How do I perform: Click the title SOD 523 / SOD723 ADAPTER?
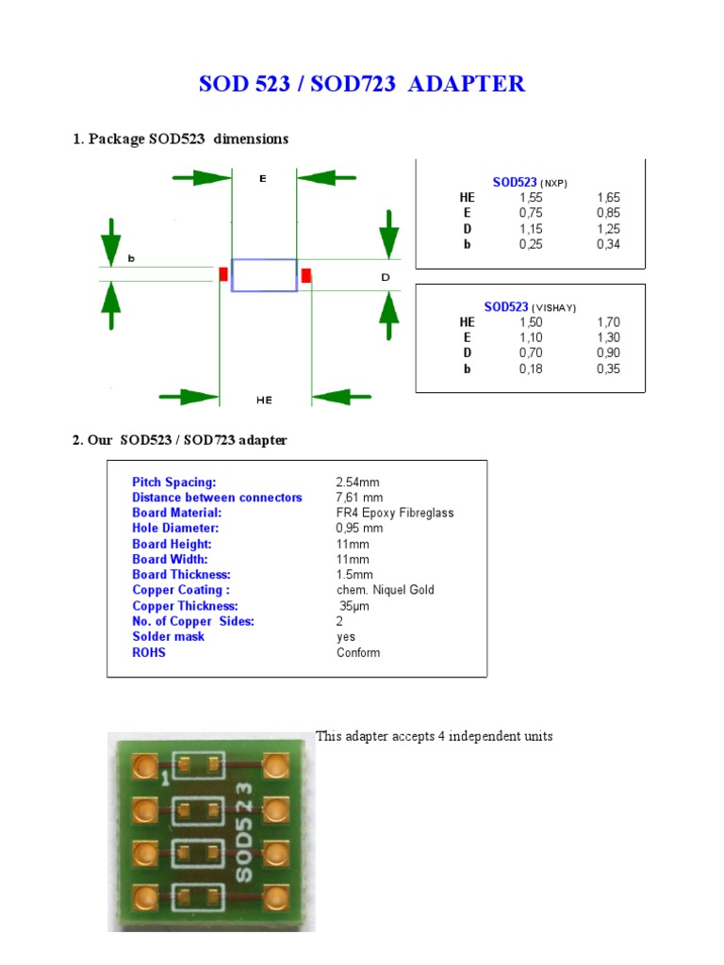pos(362,84)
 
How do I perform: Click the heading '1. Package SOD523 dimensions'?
pos(180,139)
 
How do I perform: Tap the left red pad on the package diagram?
pos(223,274)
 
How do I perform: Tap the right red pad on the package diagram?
pos(306,274)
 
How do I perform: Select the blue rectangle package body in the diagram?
pos(264,275)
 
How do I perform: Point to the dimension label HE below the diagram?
pos(264,400)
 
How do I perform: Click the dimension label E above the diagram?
pos(263,178)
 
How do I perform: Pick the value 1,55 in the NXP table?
pos(531,198)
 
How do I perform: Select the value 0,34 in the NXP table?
pos(608,244)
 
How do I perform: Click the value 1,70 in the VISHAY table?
pos(608,322)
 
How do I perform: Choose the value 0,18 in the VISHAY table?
pos(531,368)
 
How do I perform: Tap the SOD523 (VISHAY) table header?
pos(530,307)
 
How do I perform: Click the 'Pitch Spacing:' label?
pos(174,482)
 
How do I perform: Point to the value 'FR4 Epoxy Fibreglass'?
pos(395,513)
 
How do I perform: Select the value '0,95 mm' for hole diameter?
pos(359,528)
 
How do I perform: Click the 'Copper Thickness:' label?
pos(185,606)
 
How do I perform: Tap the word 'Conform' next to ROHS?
pos(358,652)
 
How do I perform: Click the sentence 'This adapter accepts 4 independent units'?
pos(434,736)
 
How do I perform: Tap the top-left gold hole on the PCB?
pos(144,766)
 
